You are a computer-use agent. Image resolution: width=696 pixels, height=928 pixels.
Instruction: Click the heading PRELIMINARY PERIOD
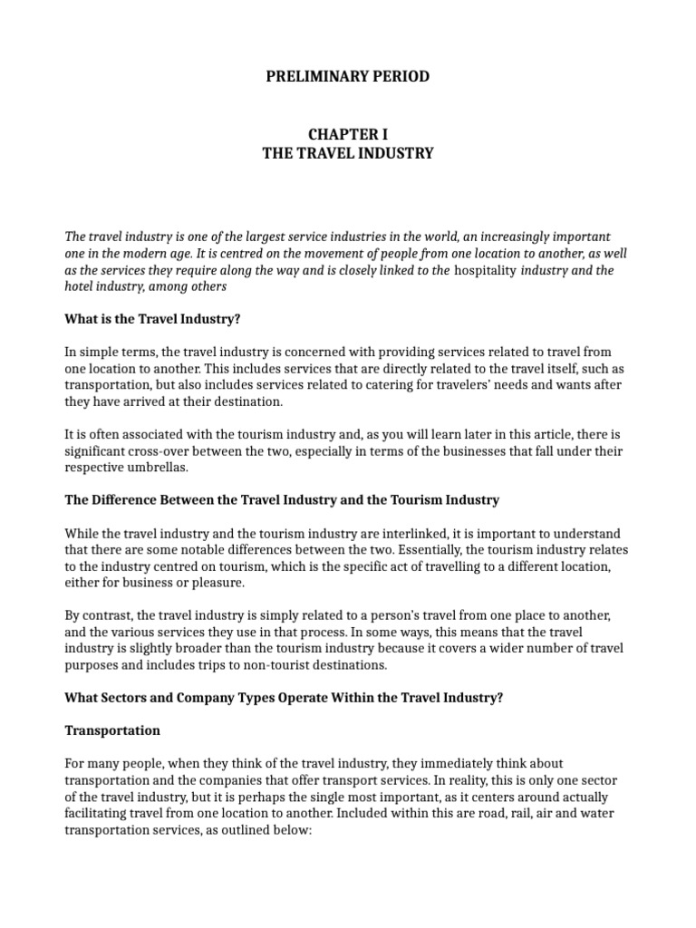tap(348, 77)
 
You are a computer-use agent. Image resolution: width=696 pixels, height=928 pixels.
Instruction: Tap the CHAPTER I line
tap(348, 134)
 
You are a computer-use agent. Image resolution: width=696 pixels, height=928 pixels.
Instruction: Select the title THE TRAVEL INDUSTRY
tap(348, 154)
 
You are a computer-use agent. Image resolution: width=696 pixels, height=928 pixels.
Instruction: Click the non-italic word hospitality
tap(487, 270)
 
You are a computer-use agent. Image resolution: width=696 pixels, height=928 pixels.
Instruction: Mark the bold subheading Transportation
tap(112, 730)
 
